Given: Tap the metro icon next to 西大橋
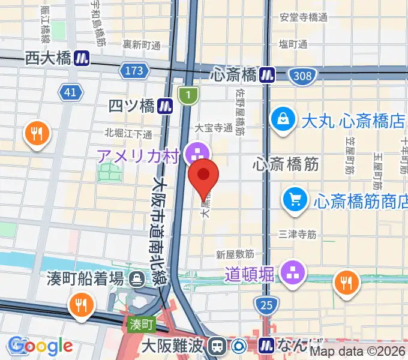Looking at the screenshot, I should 83,58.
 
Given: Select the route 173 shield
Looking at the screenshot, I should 134,71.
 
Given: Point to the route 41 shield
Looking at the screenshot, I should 70,92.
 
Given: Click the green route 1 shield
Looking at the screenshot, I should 188,94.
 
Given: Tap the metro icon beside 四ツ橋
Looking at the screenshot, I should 166,106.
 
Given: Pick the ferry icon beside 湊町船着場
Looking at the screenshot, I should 139,279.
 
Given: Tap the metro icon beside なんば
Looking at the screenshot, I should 267,346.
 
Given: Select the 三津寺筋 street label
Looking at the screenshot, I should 298,235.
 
